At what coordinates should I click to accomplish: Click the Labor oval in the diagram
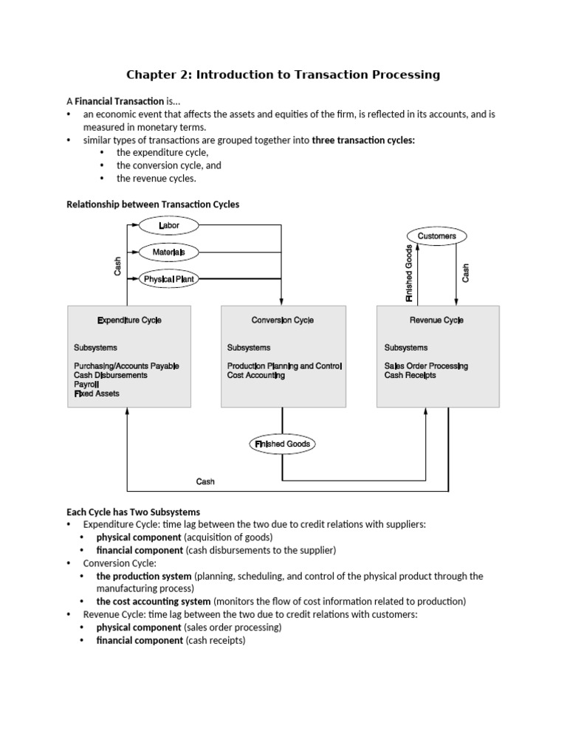(x=168, y=224)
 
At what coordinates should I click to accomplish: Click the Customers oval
(x=437, y=236)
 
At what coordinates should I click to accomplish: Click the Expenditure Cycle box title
(x=129, y=320)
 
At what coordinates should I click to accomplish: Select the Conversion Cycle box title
(x=283, y=320)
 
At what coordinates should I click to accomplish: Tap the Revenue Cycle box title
(x=437, y=320)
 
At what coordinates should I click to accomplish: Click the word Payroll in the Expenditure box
(x=86, y=385)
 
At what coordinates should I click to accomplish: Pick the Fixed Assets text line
(x=96, y=394)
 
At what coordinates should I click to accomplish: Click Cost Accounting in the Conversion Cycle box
(x=256, y=375)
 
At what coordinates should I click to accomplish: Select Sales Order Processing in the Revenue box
(x=426, y=366)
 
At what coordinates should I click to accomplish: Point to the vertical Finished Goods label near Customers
(x=410, y=272)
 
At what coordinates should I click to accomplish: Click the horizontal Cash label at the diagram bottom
(x=205, y=482)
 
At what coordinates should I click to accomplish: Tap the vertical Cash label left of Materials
(x=117, y=265)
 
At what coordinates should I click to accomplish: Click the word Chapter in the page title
(x=152, y=75)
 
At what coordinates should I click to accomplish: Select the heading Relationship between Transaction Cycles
(x=153, y=205)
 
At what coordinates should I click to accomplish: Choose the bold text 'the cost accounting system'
(x=154, y=601)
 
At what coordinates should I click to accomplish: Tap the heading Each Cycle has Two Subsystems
(x=133, y=512)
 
